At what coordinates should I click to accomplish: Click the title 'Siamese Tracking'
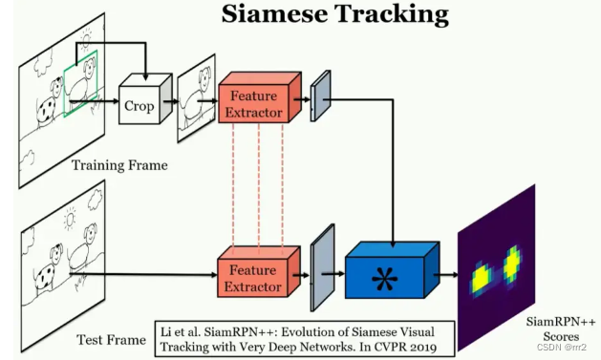[x=334, y=14]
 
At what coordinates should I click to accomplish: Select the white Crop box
[x=138, y=106]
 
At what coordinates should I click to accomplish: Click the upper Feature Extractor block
[x=254, y=104]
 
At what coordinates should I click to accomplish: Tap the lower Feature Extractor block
[x=254, y=276]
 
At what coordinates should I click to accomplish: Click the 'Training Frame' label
[x=119, y=165]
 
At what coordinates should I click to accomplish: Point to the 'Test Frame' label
[x=110, y=339]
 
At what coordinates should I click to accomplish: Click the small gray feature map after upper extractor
[x=319, y=95]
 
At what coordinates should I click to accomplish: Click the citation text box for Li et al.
[x=304, y=335]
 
